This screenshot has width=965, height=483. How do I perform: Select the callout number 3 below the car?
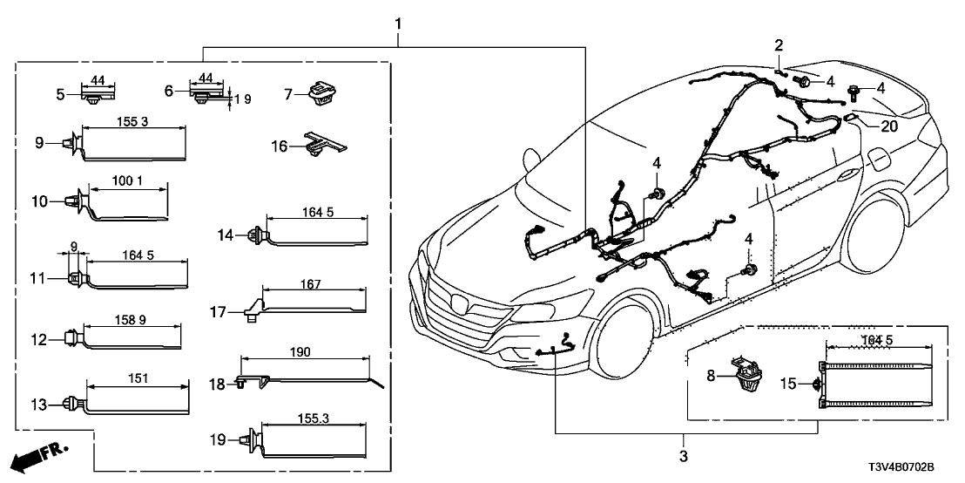point(683,455)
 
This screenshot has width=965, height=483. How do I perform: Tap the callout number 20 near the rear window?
point(887,126)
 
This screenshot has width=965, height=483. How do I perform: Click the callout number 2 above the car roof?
point(779,44)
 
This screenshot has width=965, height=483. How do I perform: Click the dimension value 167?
point(311,284)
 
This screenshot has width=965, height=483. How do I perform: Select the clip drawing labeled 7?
point(321,92)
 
